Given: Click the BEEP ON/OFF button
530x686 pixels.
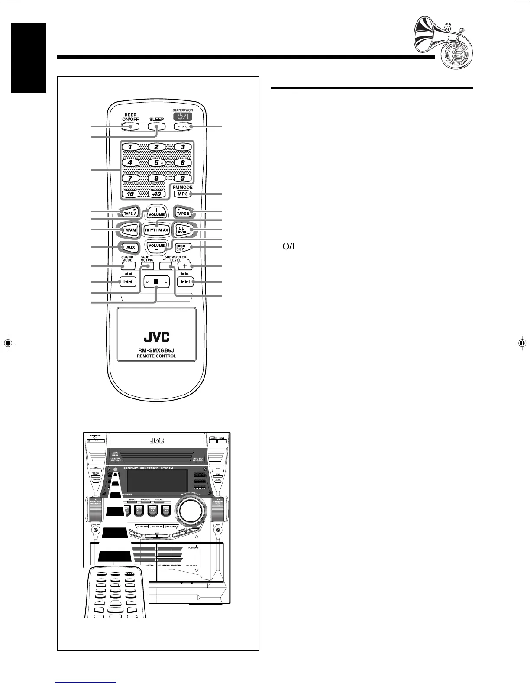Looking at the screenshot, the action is coord(129,126).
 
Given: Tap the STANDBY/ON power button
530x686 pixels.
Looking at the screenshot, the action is coord(182,126).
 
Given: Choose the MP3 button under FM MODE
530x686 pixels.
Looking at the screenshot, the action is coord(182,194).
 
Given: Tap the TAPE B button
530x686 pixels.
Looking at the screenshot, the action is coord(183,212).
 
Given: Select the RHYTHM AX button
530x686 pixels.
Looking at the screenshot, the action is coord(156,230).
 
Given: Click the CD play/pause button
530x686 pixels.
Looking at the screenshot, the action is coord(183,230).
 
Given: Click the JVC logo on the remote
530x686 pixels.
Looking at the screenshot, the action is coord(156,337).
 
